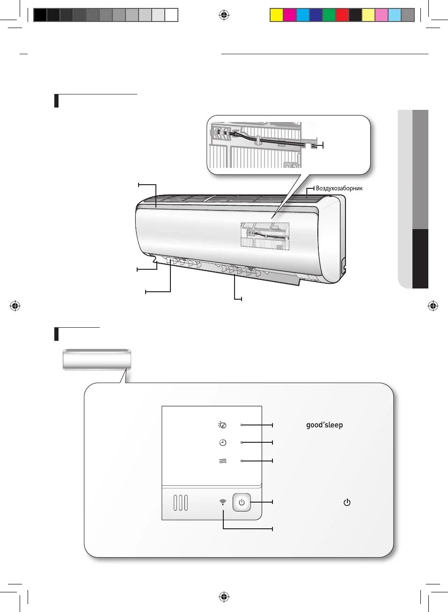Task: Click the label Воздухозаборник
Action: pyautogui.click(x=339, y=188)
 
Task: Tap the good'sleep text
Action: pyautogui.click(x=324, y=425)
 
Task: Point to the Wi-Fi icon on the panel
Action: pyautogui.click(x=223, y=502)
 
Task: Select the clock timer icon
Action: pyautogui.click(x=223, y=442)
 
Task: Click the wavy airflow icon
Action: pyautogui.click(x=223, y=461)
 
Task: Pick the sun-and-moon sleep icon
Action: pyautogui.click(x=223, y=425)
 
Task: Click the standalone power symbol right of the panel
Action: pyautogui.click(x=347, y=503)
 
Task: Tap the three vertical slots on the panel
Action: pyautogui.click(x=181, y=503)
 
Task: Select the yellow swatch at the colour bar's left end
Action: pyautogui.click(x=277, y=15)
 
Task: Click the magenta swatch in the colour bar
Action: pyautogui.click(x=290, y=15)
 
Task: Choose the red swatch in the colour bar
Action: pyautogui.click(x=342, y=15)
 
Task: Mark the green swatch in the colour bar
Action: pyautogui.click(x=329, y=15)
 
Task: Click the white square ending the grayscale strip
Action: pyautogui.click(x=171, y=15)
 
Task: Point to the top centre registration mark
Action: pyautogui.click(x=224, y=15)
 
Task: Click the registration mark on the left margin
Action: pyautogui.click(x=15, y=306)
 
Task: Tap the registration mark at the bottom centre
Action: pyautogui.click(x=224, y=597)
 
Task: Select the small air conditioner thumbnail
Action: pyautogui.click(x=97, y=360)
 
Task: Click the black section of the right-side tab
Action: pyautogui.click(x=420, y=259)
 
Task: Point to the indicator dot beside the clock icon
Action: pyautogui.click(x=242, y=442)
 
